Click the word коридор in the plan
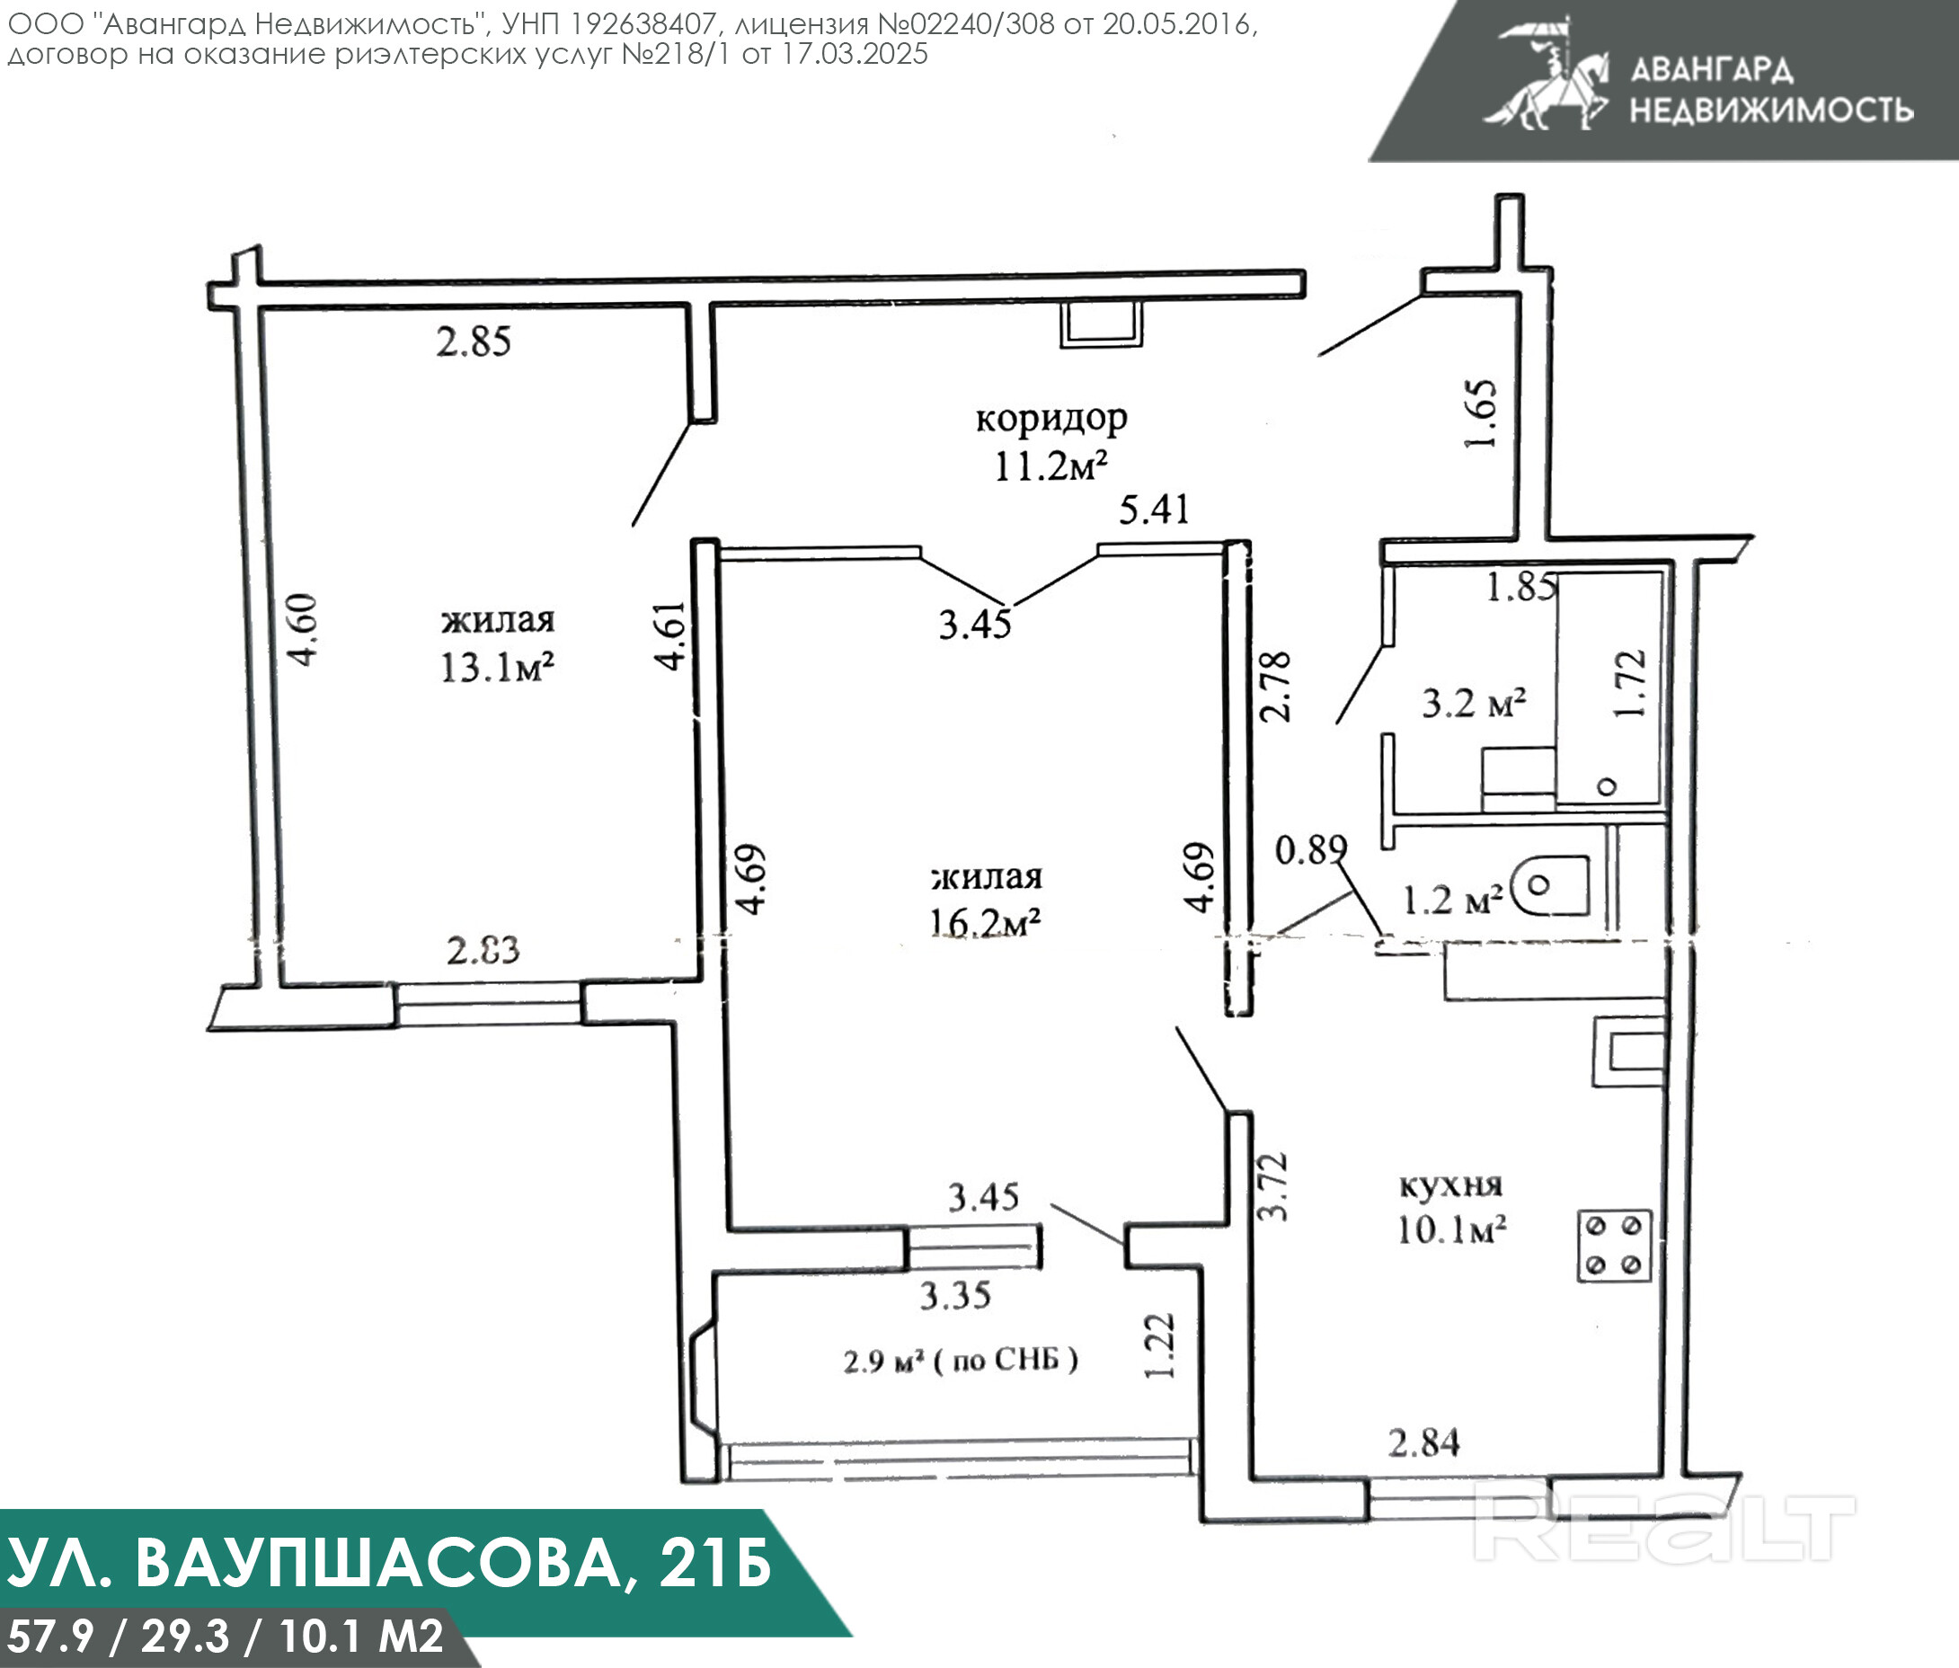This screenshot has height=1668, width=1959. [x=1051, y=419]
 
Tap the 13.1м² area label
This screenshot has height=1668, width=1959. [x=496, y=668]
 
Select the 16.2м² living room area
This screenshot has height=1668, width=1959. [x=985, y=921]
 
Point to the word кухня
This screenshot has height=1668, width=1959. [x=1450, y=1184]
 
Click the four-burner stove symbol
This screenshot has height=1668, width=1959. [x=1614, y=1246]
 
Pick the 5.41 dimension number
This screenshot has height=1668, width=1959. [x=1154, y=509]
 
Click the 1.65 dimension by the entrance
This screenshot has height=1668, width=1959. [x=1482, y=413]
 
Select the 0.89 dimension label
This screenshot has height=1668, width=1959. [x=1310, y=850]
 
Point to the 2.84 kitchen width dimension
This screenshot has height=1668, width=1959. [x=1423, y=1443]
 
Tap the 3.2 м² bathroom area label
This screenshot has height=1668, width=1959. [x=1474, y=704]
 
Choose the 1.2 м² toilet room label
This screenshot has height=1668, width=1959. [x=1452, y=900]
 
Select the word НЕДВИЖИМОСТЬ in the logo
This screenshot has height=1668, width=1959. [x=1771, y=111]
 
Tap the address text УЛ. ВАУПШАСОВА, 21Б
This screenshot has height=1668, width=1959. [x=388, y=1563]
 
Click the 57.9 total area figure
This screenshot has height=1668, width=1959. [x=53, y=1636]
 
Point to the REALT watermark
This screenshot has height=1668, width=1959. [x=1664, y=1529]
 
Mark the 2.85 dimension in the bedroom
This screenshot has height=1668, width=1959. [x=473, y=342]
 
